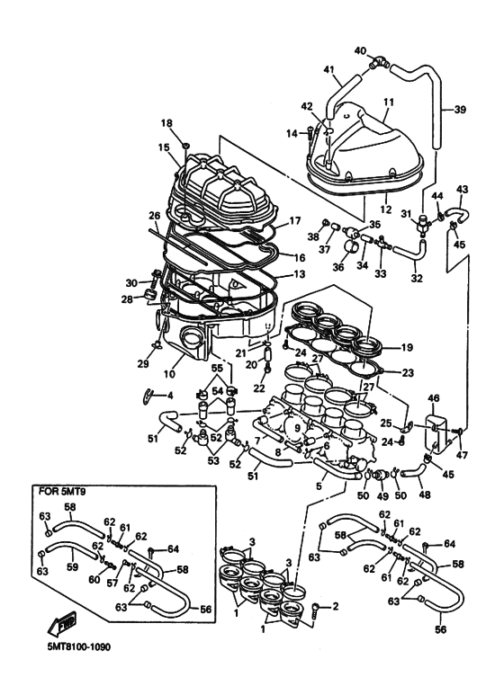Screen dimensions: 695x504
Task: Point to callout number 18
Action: click(166, 122)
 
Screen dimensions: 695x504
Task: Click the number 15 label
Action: click(165, 147)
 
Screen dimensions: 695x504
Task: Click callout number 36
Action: click(340, 266)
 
